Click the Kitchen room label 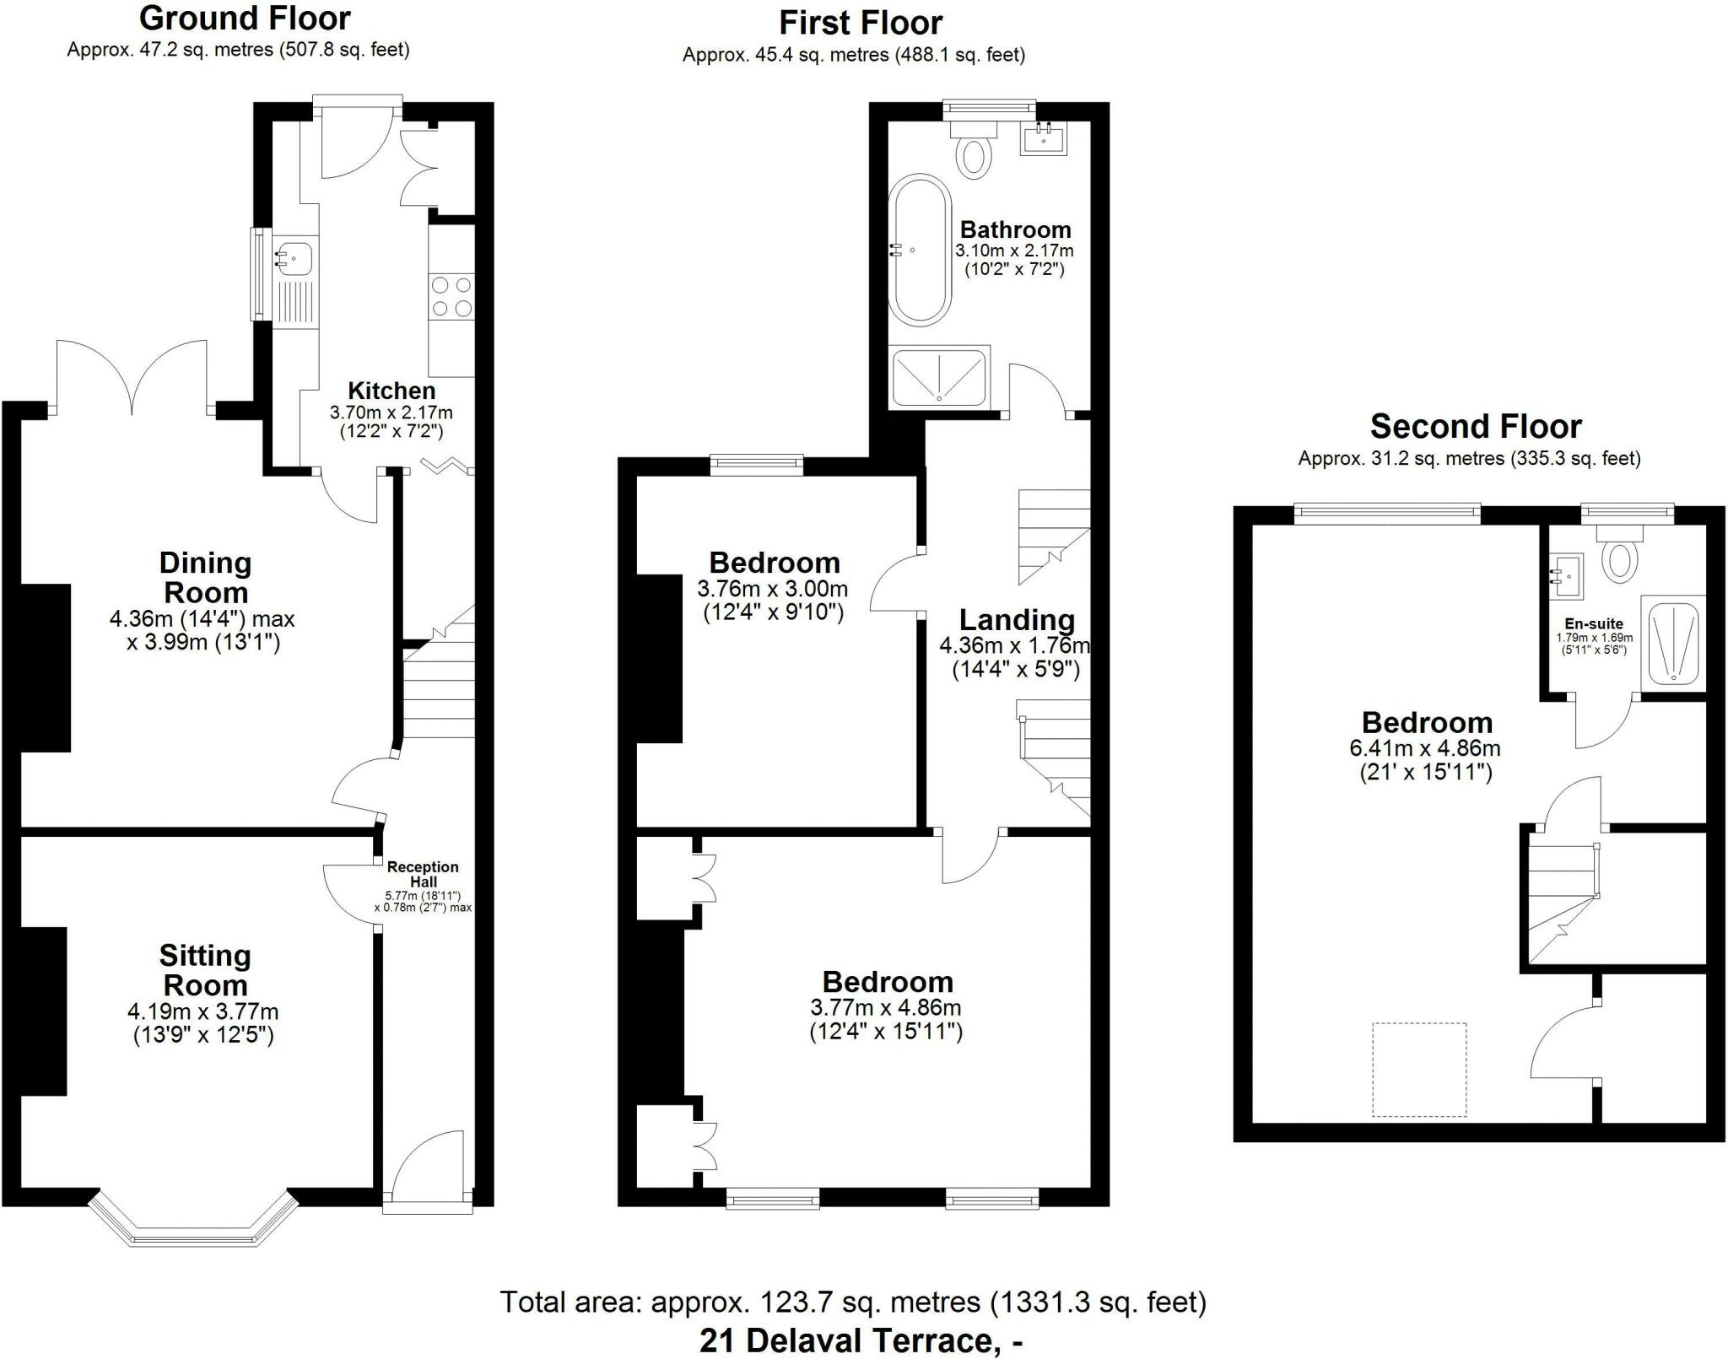pos(391,391)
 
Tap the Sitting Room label pos(205,970)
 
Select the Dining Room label pos(205,577)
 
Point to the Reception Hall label pos(423,874)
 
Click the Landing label pos(1017,620)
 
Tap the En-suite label pos(1594,624)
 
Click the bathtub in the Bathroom pos(920,250)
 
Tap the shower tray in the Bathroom pos(939,377)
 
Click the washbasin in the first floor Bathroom pos(1044,138)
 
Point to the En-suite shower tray pos(1673,639)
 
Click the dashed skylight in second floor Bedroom pos(1419,1070)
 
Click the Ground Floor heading pos(245,18)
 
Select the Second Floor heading pos(1476,427)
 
